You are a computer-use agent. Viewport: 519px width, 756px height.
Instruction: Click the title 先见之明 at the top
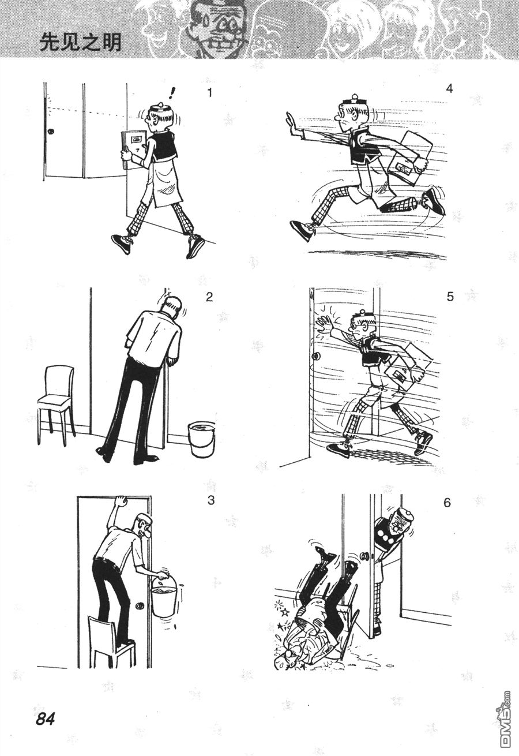coord(80,43)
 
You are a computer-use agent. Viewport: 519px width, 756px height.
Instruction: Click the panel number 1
coord(210,92)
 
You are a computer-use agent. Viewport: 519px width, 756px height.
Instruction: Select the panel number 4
coord(449,88)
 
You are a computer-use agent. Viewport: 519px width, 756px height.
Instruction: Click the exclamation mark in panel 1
coord(172,93)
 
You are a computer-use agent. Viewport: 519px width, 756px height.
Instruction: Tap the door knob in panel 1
coord(51,132)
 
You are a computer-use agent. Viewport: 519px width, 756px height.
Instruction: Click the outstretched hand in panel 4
coord(292,125)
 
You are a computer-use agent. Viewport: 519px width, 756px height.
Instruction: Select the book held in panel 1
coord(133,149)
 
